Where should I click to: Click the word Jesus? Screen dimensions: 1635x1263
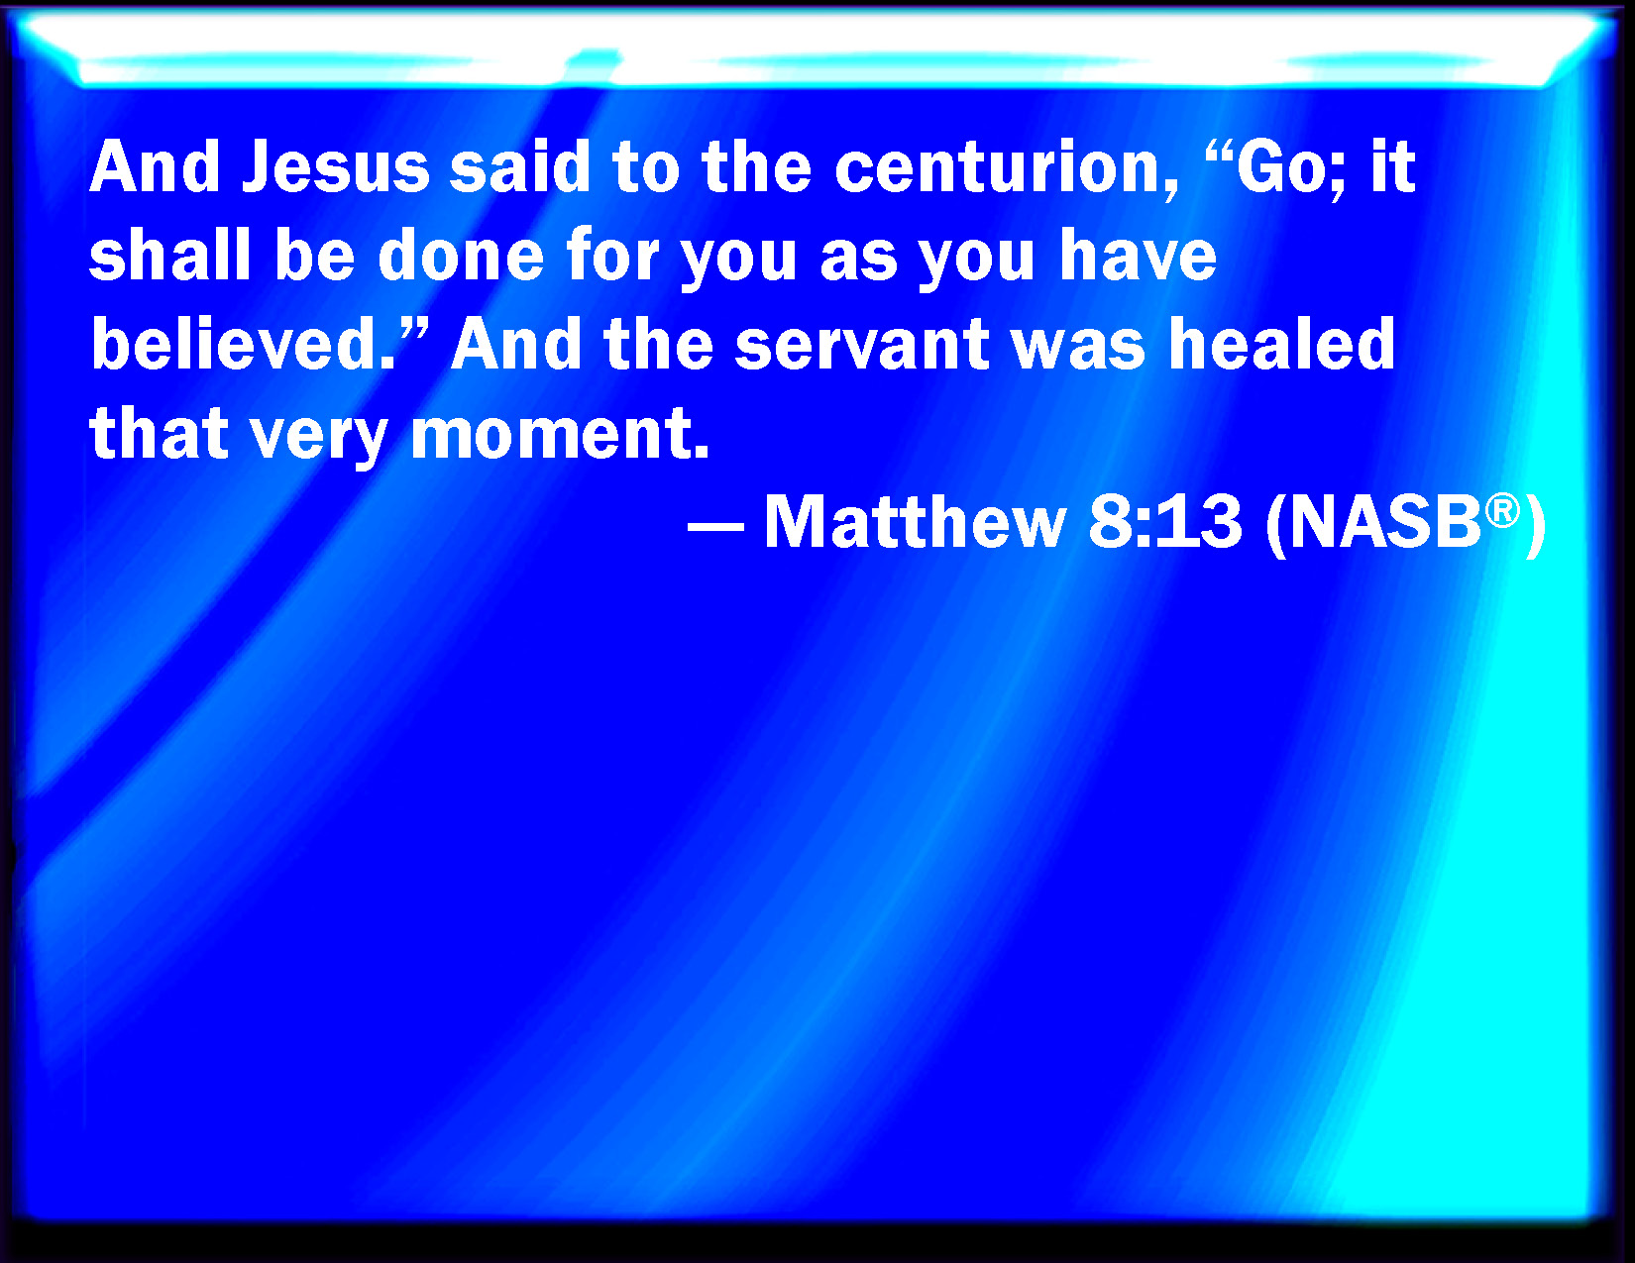point(336,166)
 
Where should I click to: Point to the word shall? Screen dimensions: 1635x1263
point(169,255)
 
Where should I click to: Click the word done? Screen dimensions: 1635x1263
point(461,255)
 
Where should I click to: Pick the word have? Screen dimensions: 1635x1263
point(1138,255)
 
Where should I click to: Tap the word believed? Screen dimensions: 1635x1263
point(244,343)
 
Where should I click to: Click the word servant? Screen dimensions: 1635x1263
point(861,345)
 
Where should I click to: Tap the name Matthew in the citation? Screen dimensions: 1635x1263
point(915,521)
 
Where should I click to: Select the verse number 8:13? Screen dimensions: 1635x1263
point(1164,521)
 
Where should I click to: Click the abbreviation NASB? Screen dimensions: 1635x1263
point(1384,521)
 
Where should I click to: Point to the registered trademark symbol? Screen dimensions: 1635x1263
point(1502,511)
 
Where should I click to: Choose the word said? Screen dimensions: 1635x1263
point(519,166)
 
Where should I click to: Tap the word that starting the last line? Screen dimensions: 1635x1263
point(159,432)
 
